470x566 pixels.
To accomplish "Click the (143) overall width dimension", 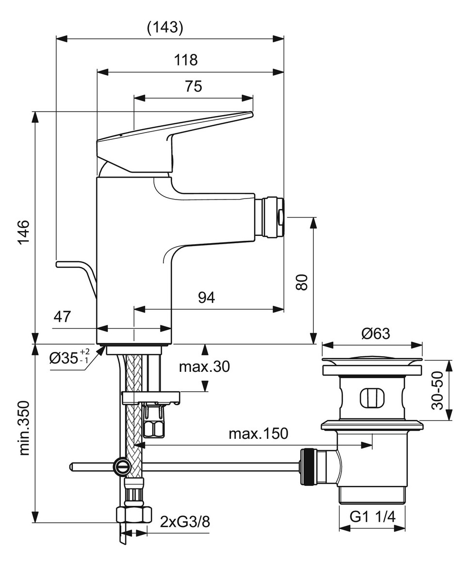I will (165, 28).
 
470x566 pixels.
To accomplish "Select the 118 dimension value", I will (186, 60).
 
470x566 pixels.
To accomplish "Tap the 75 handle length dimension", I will (194, 86).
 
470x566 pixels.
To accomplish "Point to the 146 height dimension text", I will (24, 233).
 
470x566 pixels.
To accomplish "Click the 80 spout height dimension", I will (302, 282).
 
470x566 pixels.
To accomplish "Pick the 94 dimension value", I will (206, 298).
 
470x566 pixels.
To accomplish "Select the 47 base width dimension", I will (62, 316).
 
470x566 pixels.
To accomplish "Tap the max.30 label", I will (204, 367).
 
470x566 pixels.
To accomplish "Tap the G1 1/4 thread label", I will (373, 517).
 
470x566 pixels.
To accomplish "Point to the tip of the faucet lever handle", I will (250, 115).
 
